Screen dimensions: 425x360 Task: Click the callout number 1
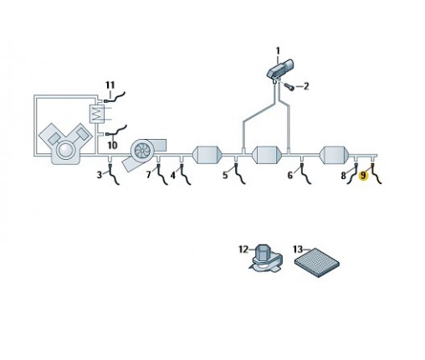(278, 51)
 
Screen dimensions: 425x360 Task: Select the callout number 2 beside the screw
(306, 86)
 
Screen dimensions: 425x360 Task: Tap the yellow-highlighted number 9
(363, 176)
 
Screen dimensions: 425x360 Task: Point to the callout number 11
(110, 85)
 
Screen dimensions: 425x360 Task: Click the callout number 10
(112, 146)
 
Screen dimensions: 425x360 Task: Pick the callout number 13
(298, 249)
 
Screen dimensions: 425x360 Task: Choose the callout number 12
(243, 249)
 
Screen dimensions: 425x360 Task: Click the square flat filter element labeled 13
(317, 263)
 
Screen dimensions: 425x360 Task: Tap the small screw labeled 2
(289, 87)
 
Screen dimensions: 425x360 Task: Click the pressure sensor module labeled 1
(279, 69)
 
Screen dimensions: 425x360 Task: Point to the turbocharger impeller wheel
(142, 150)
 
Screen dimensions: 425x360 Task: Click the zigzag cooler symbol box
(96, 114)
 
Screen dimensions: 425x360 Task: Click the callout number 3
(100, 175)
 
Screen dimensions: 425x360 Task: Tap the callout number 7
(149, 175)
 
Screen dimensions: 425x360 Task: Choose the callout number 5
(225, 175)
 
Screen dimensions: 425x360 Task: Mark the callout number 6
(290, 175)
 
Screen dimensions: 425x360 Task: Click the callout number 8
(343, 176)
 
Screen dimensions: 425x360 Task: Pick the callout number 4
(173, 175)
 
